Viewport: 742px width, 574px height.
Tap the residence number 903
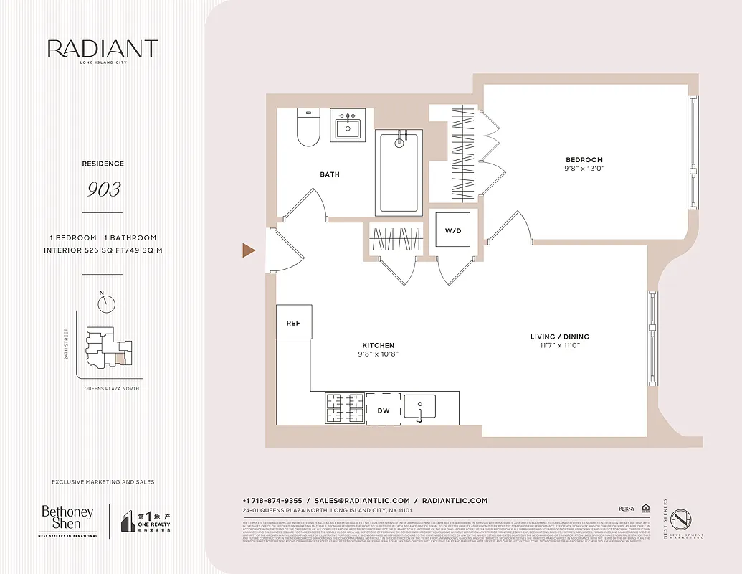click(x=104, y=189)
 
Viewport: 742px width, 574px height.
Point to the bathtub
click(x=399, y=172)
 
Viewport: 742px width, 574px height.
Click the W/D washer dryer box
click(x=453, y=230)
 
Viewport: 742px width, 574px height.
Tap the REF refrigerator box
click(x=292, y=323)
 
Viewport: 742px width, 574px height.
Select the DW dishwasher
click(x=384, y=410)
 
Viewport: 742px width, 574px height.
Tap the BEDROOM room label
click(x=583, y=160)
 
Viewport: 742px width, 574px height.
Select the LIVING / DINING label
click(x=559, y=337)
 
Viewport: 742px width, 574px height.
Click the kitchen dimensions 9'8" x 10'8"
click(x=378, y=354)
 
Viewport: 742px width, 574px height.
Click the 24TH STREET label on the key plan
click(x=66, y=344)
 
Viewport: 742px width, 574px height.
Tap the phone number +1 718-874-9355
click(x=272, y=500)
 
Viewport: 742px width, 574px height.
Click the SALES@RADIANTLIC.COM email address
click(x=361, y=500)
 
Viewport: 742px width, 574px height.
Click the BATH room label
click(x=330, y=174)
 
